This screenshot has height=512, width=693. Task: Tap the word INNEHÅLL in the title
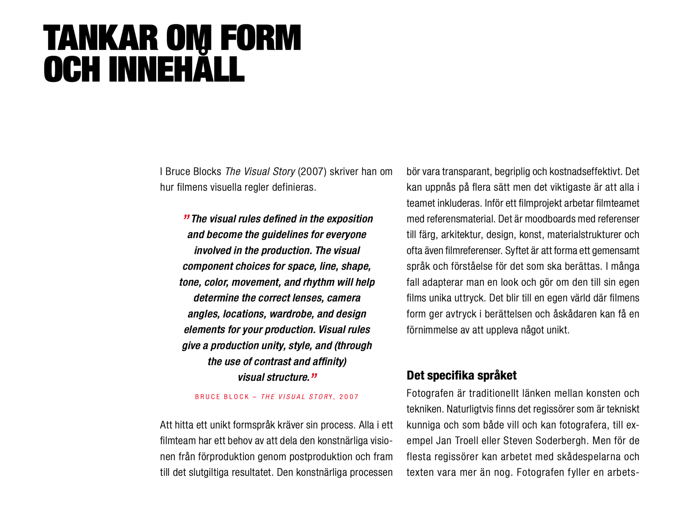[x=176, y=69]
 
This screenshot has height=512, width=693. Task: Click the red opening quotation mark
[x=186, y=217]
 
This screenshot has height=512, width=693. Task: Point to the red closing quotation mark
[x=314, y=376]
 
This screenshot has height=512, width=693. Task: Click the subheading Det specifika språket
[x=461, y=375]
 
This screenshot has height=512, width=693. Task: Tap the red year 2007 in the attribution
[x=349, y=397]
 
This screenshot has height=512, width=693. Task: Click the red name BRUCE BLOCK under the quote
[x=222, y=397]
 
